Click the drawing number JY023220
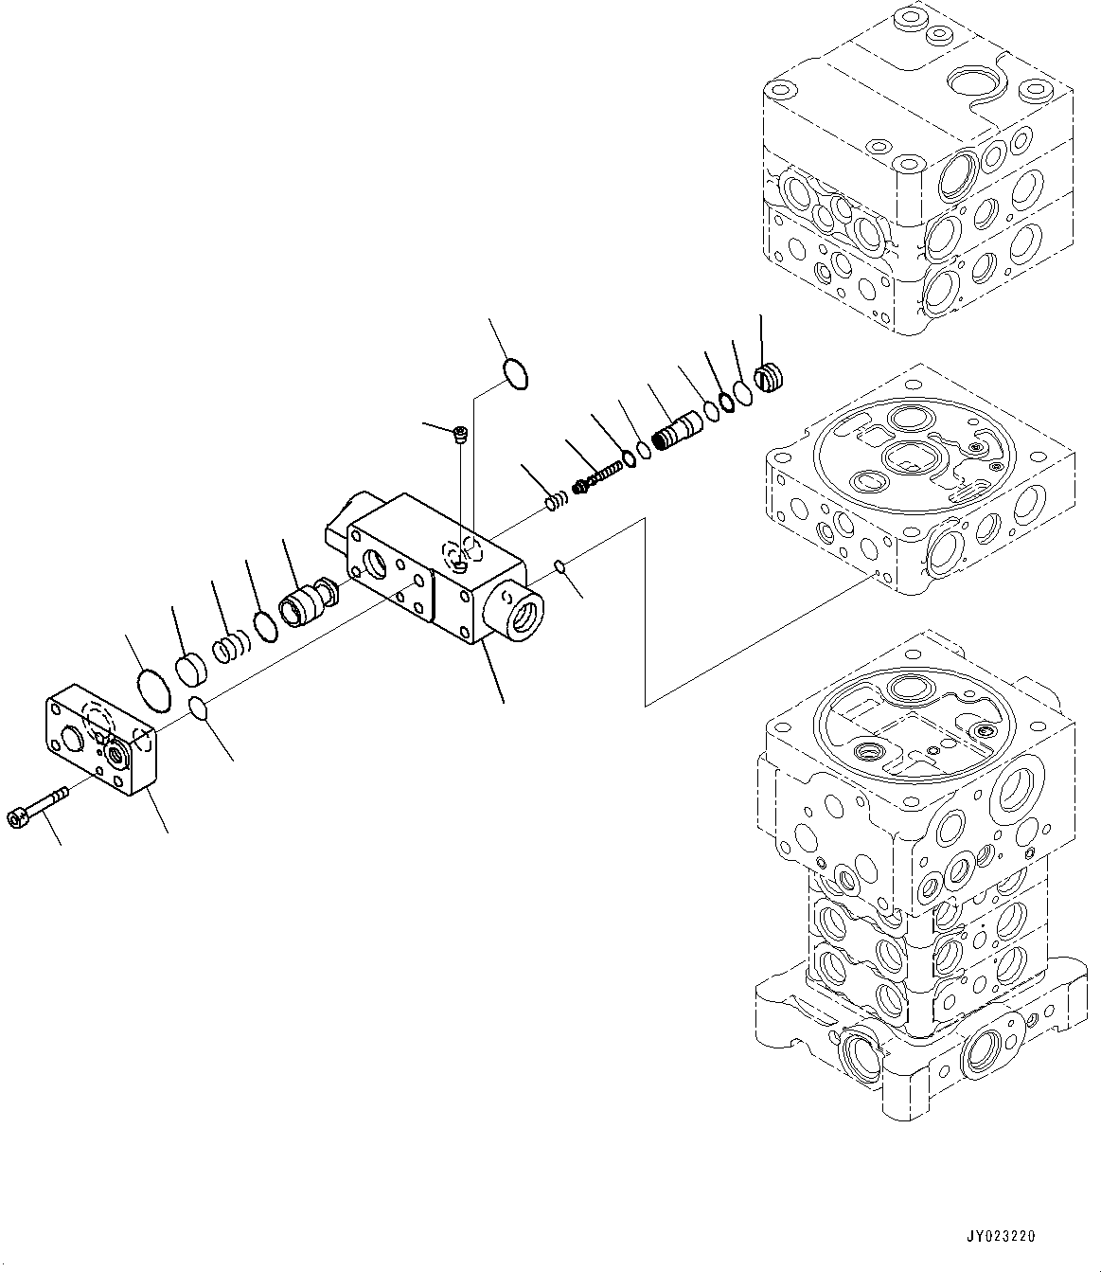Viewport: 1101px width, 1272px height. pos(1001,1236)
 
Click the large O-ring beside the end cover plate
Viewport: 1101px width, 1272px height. pos(154,687)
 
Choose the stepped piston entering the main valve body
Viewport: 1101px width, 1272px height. pos(305,603)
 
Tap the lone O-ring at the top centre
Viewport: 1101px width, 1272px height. pos(515,373)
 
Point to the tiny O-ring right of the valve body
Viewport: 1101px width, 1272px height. pos(559,567)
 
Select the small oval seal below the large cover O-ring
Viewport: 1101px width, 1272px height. pos(198,708)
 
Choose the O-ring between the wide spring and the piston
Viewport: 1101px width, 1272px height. pos(266,624)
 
